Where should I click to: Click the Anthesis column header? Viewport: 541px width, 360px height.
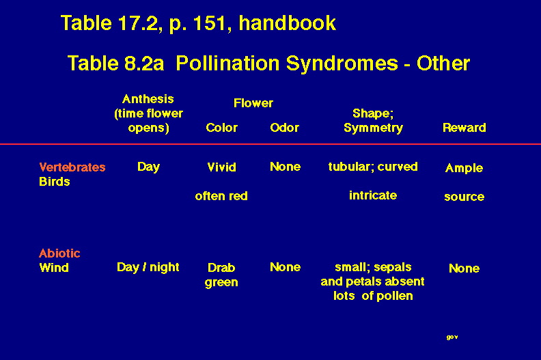(148, 113)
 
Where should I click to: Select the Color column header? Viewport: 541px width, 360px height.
(221, 128)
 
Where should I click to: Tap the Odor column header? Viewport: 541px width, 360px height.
(284, 128)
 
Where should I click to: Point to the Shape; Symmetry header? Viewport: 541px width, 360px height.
(374, 120)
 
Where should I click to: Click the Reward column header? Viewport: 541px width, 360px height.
(464, 128)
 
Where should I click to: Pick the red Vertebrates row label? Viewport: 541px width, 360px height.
(72, 167)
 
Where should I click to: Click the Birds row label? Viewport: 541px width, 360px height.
(55, 182)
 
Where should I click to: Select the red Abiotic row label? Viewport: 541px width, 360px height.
(59, 253)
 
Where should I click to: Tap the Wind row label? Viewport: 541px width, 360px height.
(54, 268)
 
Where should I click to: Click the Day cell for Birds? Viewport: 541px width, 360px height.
(148, 167)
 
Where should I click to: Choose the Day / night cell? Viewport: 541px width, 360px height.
(148, 267)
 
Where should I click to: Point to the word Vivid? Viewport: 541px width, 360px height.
(221, 167)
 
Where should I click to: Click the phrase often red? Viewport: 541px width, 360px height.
(221, 196)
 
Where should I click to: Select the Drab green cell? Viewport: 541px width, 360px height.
(221, 275)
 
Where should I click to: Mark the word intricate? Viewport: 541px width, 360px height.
(373, 195)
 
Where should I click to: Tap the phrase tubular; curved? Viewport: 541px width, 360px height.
(373, 167)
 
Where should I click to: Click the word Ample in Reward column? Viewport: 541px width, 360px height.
(464, 168)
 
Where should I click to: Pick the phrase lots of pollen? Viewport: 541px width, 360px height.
(373, 296)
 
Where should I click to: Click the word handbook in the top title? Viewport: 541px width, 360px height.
(287, 23)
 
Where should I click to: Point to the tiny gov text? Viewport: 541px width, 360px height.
(452, 337)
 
